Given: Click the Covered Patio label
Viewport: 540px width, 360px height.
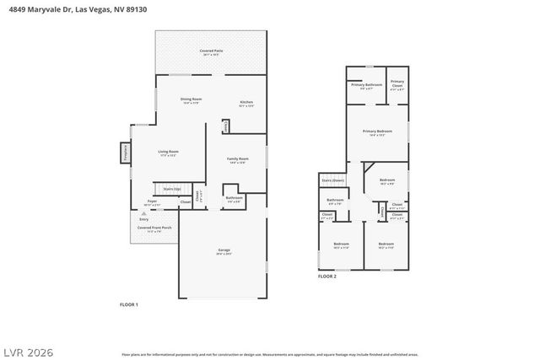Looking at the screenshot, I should click(x=211, y=51).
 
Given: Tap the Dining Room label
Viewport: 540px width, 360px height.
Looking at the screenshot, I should click(x=191, y=99).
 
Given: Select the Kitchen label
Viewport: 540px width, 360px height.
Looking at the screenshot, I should click(x=246, y=103).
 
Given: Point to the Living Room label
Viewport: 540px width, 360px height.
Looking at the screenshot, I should click(x=169, y=152).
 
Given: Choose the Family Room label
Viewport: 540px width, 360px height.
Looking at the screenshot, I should click(x=238, y=159).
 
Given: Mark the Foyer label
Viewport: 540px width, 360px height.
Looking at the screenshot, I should click(x=153, y=202).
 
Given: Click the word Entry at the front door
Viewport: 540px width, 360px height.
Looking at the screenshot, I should click(x=143, y=219).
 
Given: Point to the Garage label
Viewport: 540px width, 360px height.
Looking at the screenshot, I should click(x=223, y=250).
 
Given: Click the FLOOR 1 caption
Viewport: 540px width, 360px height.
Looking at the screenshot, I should click(x=129, y=304).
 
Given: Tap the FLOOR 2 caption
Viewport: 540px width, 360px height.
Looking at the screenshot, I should click(x=327, y=277).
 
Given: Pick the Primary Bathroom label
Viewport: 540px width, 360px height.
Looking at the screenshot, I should click(x=367, y=85).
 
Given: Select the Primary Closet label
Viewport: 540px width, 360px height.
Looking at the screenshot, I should click(x=397, y=83).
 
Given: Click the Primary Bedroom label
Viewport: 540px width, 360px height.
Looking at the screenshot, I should click(x=377, y=132).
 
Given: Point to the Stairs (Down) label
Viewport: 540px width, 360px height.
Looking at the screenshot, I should click(x=333, y=180).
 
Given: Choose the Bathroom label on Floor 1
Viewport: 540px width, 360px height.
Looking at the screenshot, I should click(x=234, y=198).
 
